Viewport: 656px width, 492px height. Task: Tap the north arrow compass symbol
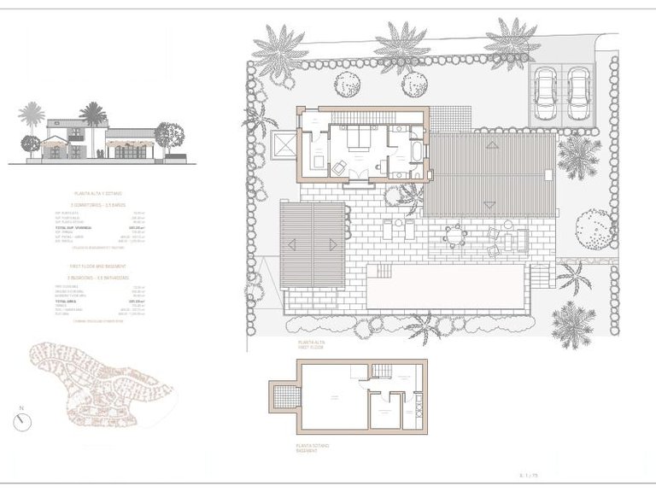click(x=23, y=421)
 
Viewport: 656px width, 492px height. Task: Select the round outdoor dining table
click(x=455, y=232)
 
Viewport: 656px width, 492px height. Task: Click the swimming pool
click(x=446, y=286)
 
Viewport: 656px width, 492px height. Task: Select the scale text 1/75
click(x=530, y=474)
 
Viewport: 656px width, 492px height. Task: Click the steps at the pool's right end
click(x=537, y=275)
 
